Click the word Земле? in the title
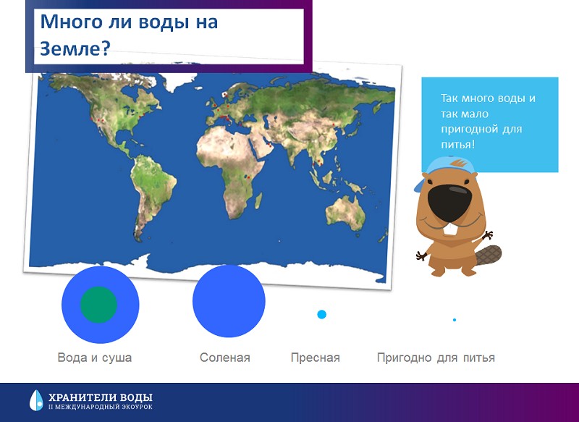[75, 48]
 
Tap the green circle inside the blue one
[98, 305]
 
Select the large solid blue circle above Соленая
[229, 301]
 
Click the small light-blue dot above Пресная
[321, 315]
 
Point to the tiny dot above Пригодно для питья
[455, 320]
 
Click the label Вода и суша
[95, 358]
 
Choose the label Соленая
[225, 358]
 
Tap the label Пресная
[316, 358]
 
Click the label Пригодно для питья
[436, 358]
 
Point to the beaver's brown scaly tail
[488, 256]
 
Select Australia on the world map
[346, 213]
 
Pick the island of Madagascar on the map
[258, 201]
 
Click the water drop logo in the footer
[36, 400]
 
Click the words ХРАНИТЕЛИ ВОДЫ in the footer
[101, 397]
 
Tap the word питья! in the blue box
[457, 144]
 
